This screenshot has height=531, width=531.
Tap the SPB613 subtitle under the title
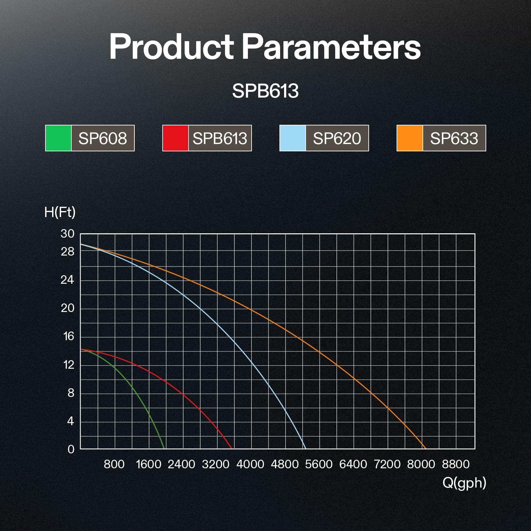click(x=265, y=91)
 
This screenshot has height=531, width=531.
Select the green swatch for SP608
click(x=58, y=138)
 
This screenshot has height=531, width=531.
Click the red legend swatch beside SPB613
click(x=176, y=138)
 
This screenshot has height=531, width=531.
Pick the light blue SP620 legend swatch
click(x=293, y=138)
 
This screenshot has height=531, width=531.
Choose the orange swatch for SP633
click(x=410, y=138)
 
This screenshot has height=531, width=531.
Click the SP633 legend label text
click(x=454, y=138)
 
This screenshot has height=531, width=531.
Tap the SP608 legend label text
click(x=103, y=138)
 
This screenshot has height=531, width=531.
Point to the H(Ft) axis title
click(x=60, y=212)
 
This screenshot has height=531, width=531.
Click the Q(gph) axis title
click(x=464, y=483)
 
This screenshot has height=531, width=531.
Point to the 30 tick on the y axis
click(x=67, y=234)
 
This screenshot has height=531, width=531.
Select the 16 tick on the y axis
click(x=68, y=337)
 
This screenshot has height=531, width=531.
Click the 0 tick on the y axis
click(x=71, y=449)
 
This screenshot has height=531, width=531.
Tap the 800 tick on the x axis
click(x=114, y=464)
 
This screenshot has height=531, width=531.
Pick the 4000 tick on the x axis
click(x=250, y=464)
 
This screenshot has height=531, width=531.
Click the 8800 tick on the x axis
click(x=456, y=464)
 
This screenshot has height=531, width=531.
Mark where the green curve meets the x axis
click(x=165, y=449)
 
